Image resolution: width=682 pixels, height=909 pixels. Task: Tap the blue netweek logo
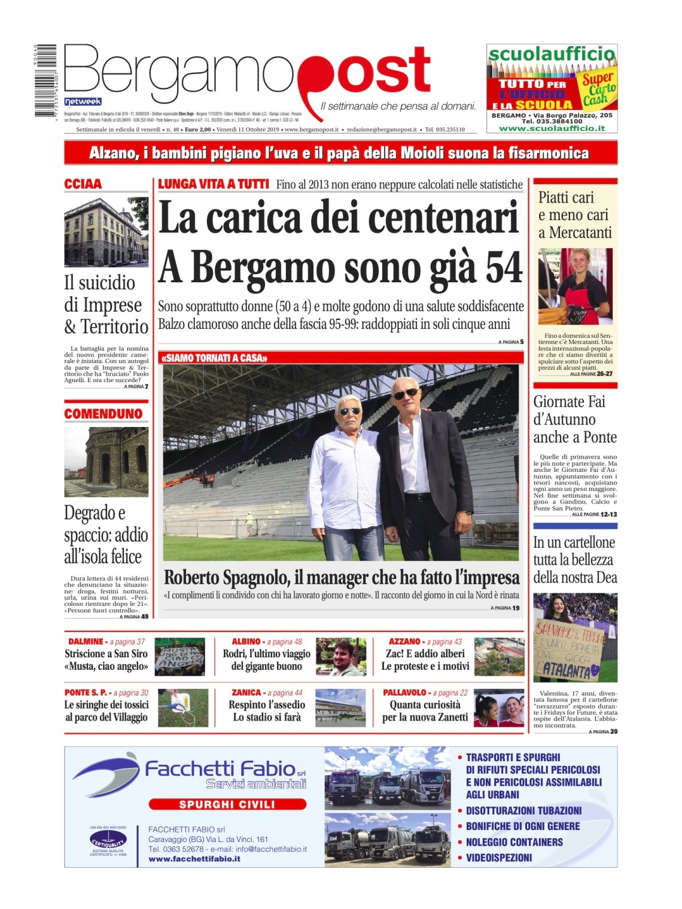[x=83, y=102]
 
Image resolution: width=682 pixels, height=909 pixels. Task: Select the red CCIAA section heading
[x=83, y=184]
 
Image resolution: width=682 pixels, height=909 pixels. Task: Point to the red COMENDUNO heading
[x=103, y=414]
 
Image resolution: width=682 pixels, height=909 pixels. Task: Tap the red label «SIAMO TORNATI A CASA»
[x=214, y=358]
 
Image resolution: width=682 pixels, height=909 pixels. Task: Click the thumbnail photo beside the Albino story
[x=340, y=657]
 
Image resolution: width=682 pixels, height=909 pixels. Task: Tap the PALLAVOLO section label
[x=404, y=692]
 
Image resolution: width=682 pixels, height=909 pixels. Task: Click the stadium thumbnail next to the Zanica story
[x=340, y=708]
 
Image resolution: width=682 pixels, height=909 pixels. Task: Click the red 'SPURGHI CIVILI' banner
[x=227, y=804]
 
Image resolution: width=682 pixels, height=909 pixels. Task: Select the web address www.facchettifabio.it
[x=194, y=859]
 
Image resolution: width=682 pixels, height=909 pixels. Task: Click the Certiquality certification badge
[x=108, y=840]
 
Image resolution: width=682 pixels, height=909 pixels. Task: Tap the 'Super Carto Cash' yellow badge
[x=598, y=89]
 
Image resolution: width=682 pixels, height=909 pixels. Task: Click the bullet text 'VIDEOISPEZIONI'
[x=499, y=858]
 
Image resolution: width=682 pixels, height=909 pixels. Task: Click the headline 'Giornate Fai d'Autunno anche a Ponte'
[x=575, y=419]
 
